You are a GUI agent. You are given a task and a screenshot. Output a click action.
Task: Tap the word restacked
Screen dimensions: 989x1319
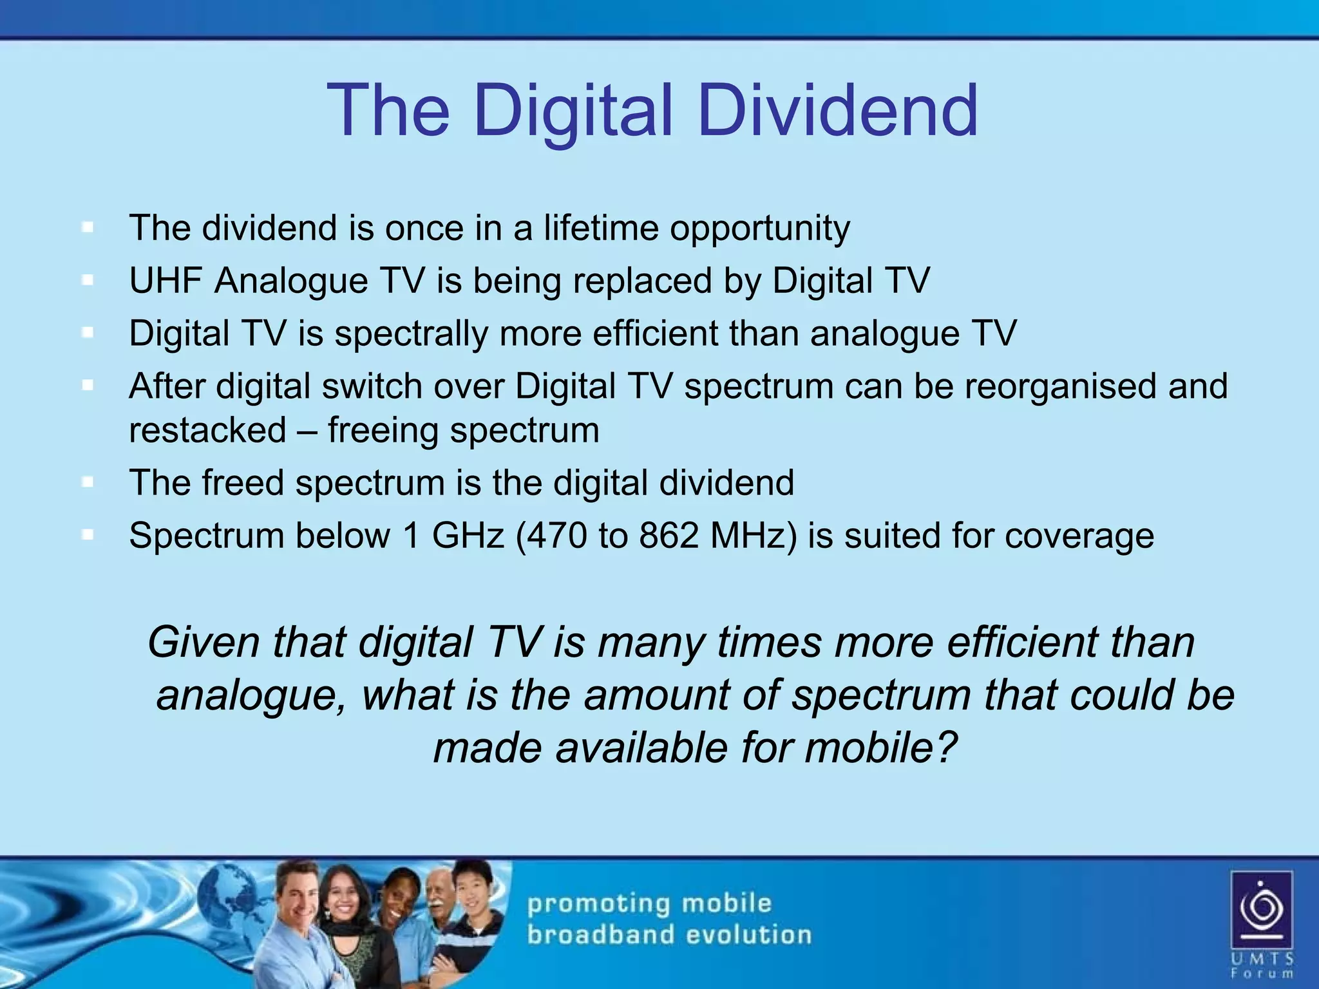tap(207, 430)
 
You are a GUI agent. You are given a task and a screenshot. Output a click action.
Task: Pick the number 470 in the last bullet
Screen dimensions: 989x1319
tap(560, 536)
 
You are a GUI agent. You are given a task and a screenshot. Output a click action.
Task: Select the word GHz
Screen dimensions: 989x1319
tap(468, 536)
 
